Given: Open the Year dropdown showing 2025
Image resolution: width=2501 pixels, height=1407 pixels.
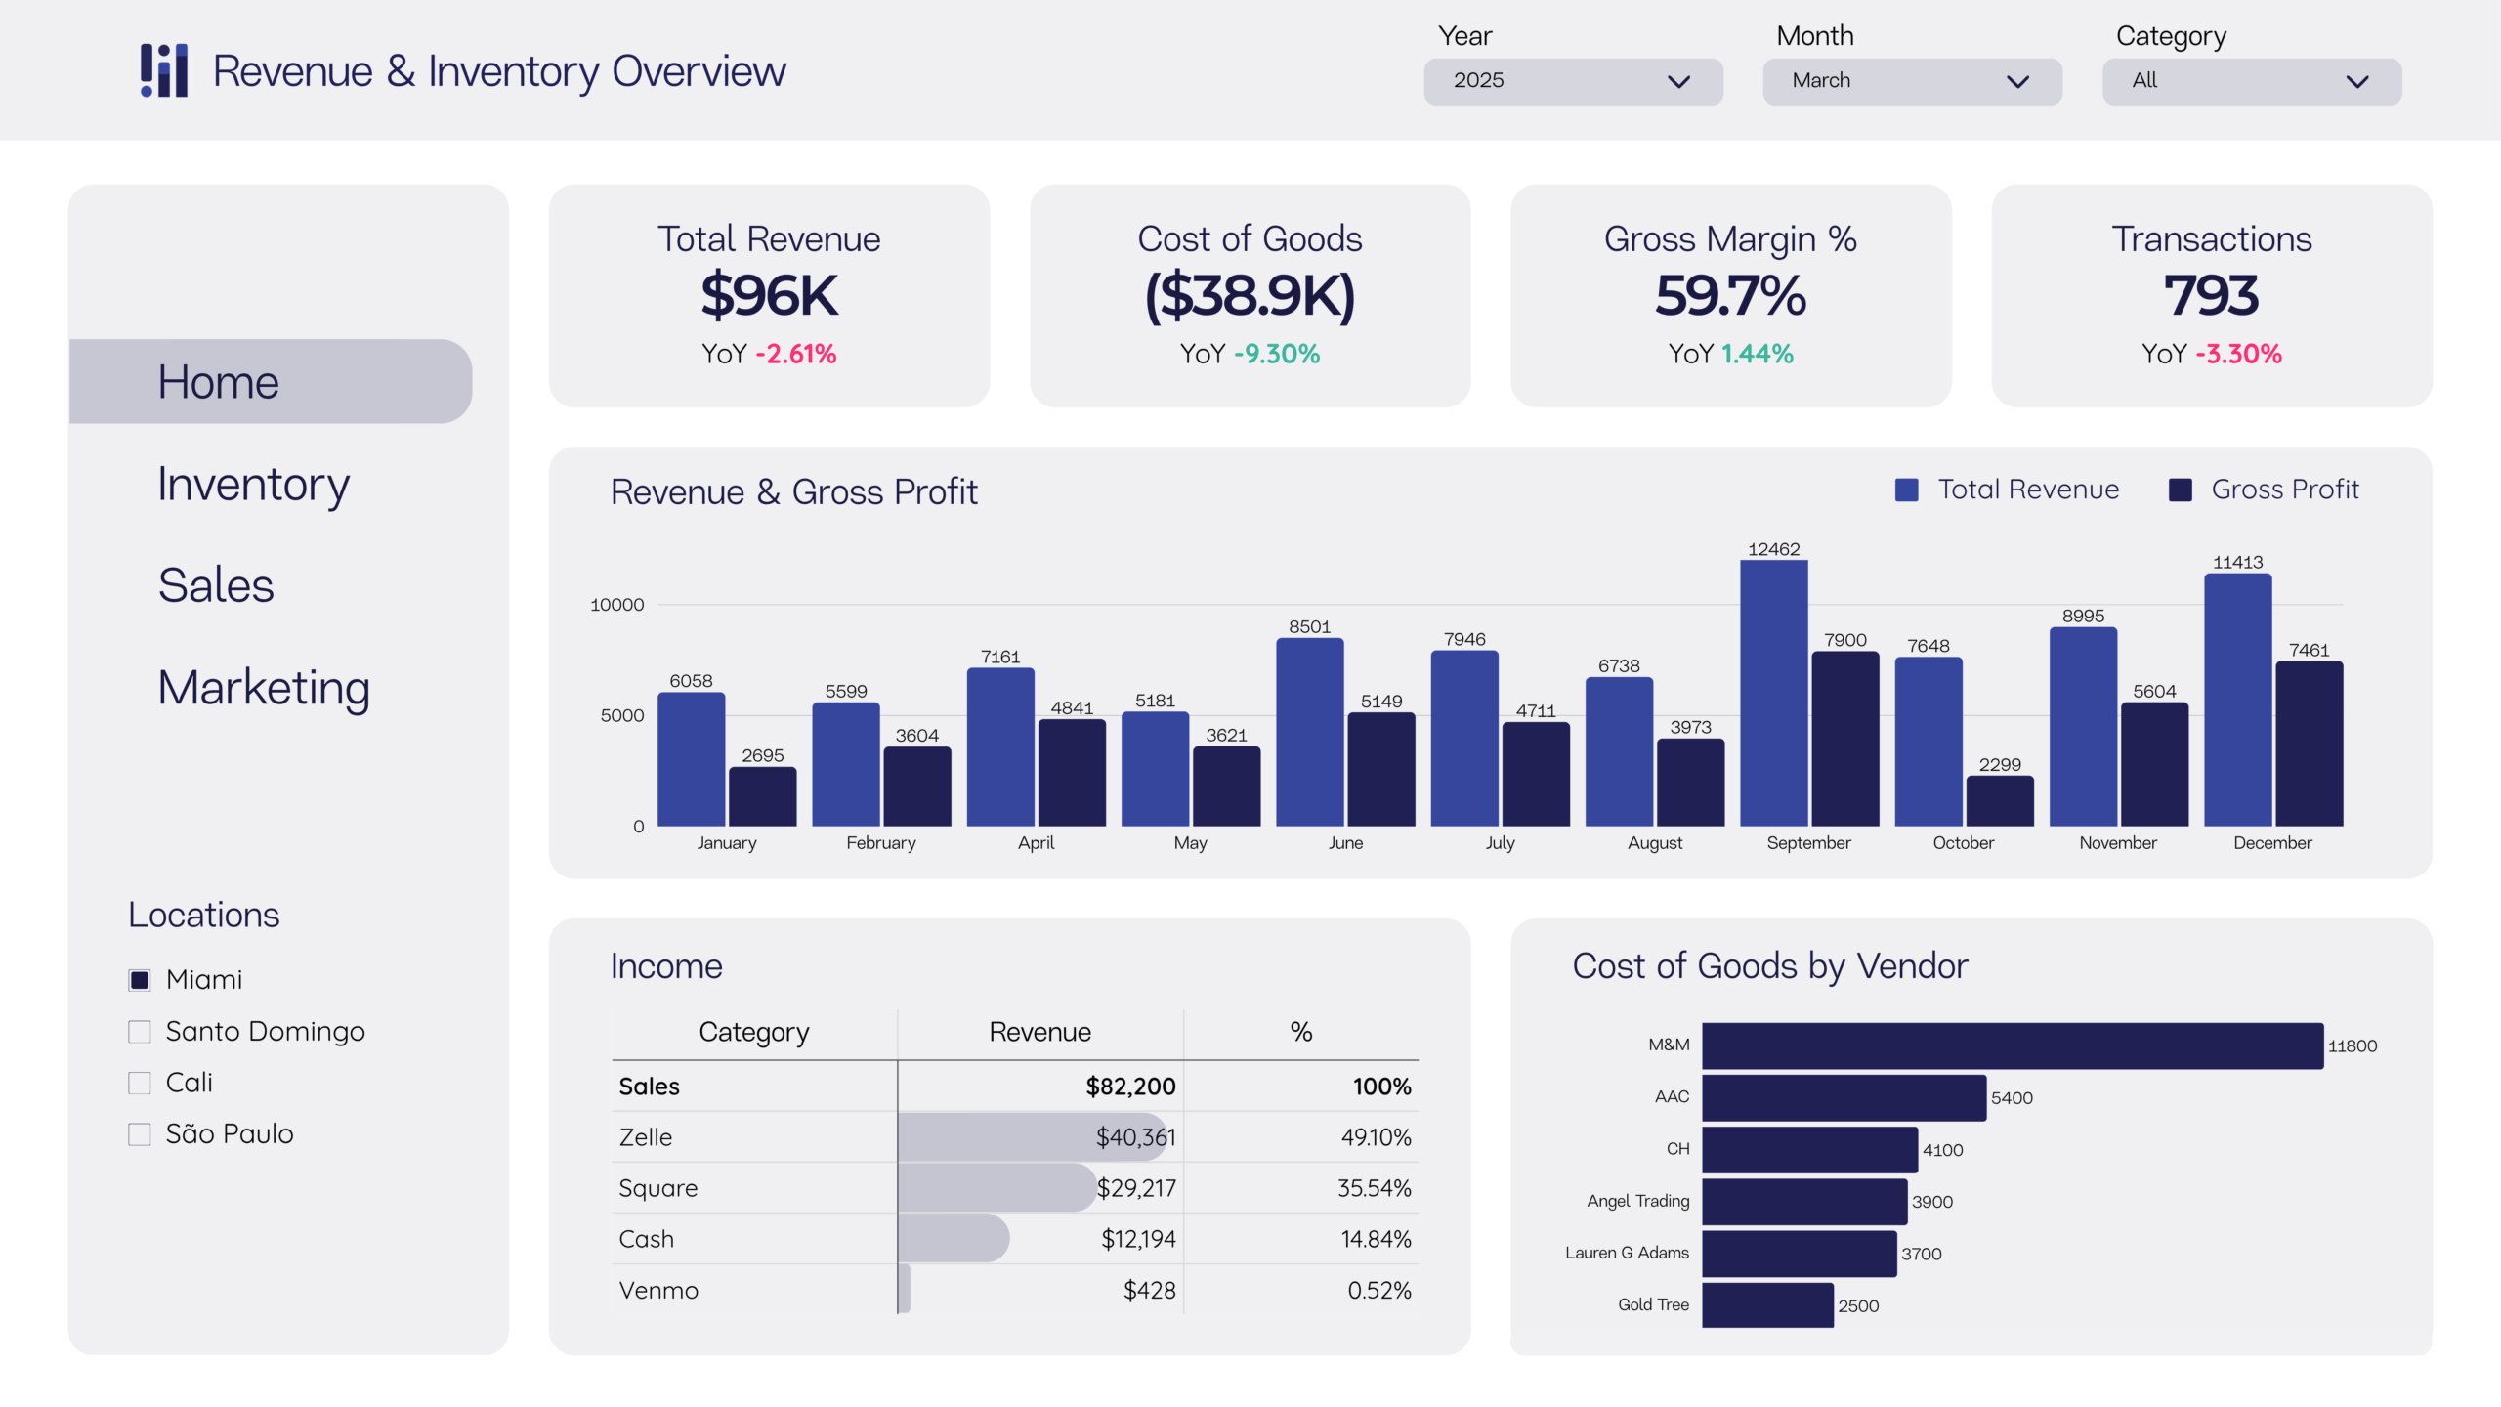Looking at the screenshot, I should tap(1572, 81).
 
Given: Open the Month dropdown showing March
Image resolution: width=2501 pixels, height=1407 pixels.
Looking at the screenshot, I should tap(1911, 81).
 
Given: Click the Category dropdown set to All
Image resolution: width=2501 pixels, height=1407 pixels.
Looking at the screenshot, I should tap(2251, 81).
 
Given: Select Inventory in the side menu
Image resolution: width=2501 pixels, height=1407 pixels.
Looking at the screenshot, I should tap(254, 485).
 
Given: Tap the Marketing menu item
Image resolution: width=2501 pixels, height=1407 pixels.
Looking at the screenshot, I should tap(264, 688).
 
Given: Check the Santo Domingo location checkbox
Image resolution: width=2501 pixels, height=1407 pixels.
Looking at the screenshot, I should tap(140, 1032).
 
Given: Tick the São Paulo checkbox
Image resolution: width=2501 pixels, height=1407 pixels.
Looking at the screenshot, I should tap(140, 1134).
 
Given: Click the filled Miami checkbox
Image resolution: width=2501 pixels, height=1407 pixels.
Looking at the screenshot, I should tap(140, 980).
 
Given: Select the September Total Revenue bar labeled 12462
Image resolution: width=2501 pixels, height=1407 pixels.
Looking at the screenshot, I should tap(1773, 694).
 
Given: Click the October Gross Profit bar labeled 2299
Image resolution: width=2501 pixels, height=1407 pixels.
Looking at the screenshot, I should tap(1999, 801).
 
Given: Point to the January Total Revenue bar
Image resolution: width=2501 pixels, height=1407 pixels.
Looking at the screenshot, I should tap(691, 760).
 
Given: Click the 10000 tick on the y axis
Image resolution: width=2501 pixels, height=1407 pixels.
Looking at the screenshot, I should tap(616, 605).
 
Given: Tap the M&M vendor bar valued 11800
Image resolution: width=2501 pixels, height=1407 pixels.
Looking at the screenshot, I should tap(2012, 1045).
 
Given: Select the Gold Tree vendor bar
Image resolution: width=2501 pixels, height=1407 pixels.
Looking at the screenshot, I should tap(1766, 1305).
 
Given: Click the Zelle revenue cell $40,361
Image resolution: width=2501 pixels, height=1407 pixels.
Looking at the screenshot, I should tap(1135, 1137).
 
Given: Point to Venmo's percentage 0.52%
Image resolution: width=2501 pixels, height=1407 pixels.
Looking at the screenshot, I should tap(1378, 1291).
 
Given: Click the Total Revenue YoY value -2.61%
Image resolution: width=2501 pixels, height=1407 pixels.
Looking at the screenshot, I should tap(795, 354).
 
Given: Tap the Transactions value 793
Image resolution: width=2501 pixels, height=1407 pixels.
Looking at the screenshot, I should tap(2211, 295).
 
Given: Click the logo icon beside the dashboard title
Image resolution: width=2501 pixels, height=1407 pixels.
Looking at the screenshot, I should tap(164, 70).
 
